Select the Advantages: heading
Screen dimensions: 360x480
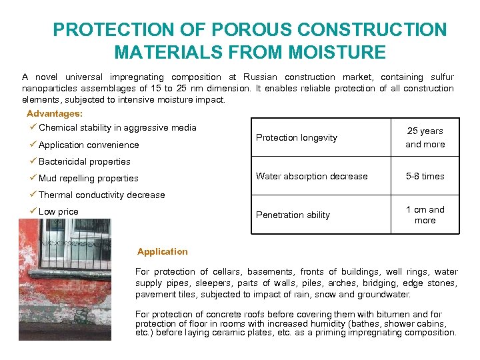tap(55, 113)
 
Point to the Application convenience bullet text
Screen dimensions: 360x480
tap(89, 145)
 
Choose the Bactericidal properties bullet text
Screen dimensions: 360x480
tap(85, 161)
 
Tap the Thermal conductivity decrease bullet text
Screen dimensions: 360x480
tap(101, 195)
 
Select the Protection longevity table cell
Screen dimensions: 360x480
tap(297, 137)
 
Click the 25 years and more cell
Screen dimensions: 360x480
tap(425, 137)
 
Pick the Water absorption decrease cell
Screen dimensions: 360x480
tap(312, 176)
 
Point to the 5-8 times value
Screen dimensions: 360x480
tap(425, 176)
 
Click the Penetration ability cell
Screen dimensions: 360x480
tap(293, 215)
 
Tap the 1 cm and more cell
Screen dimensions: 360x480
tap(425, 215)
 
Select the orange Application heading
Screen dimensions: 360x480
tap(163, 252)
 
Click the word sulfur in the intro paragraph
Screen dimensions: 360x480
tap(441, 77)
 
